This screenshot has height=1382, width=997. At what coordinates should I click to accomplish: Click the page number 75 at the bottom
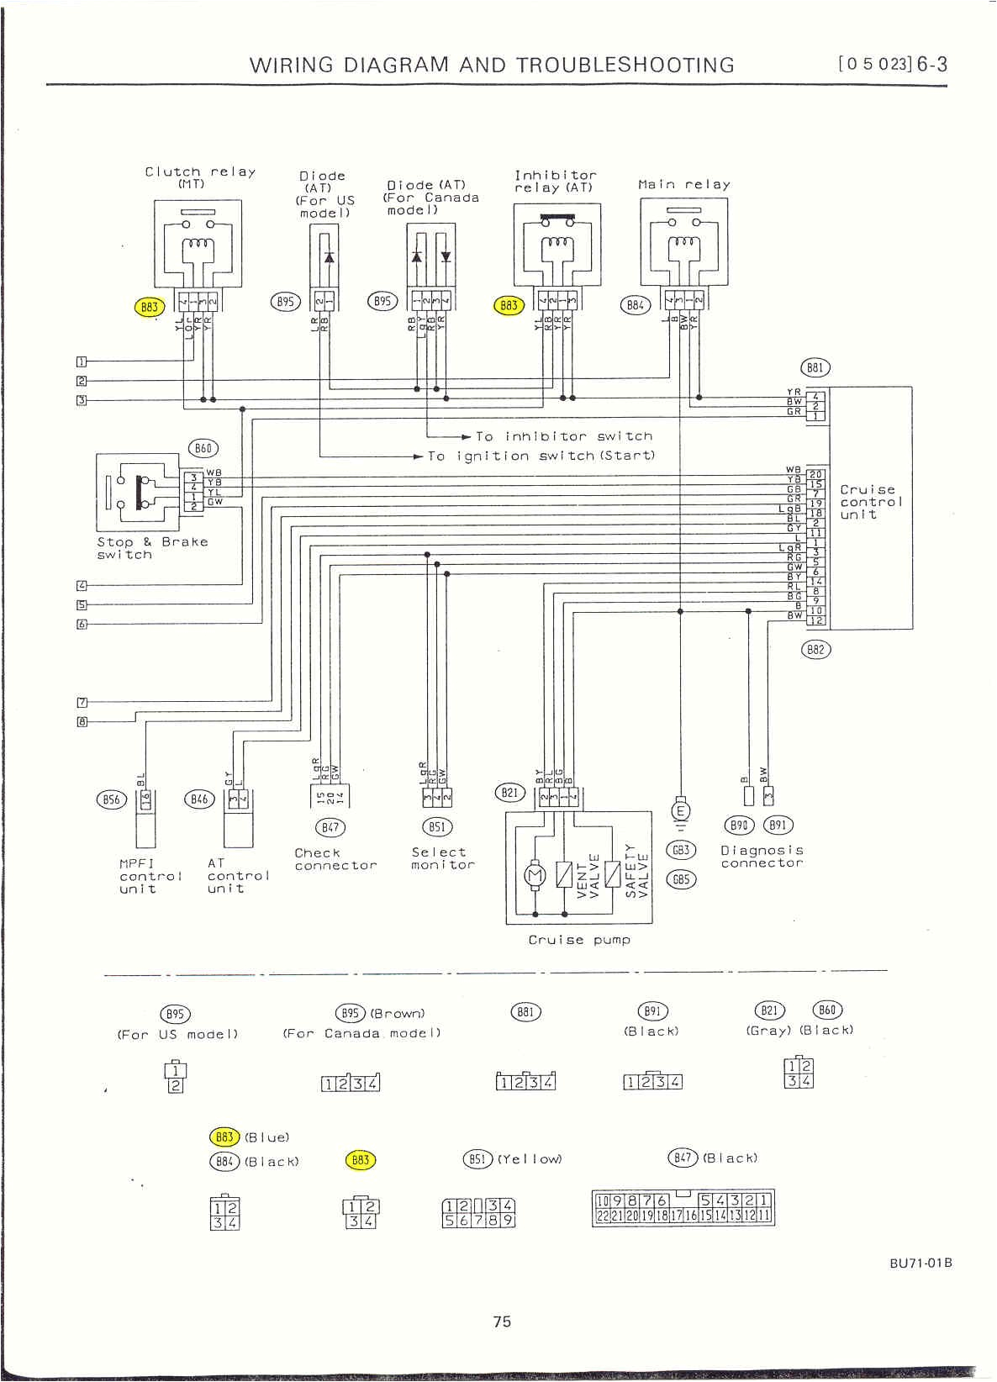(501, 1321)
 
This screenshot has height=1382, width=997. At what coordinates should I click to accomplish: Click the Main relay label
(683, 184)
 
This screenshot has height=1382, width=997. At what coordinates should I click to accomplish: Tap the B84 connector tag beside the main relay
(636, 305)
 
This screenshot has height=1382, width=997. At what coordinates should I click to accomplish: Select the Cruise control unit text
(870, 502)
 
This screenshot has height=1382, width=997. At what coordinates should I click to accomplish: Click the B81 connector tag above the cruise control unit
(814, 367)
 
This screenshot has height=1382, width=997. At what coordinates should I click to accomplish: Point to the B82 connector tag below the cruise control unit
(815, 649)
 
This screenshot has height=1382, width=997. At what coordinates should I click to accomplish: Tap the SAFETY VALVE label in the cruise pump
(636, 869)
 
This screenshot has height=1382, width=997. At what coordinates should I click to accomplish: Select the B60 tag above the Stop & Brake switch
(203, 448)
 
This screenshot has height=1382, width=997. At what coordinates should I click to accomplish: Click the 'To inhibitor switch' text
(564, 436)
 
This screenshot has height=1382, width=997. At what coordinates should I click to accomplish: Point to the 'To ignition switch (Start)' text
(541, 456)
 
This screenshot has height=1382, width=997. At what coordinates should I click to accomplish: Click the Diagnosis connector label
(762, 857)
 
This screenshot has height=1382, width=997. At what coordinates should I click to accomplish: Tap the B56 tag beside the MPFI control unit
(112, 799)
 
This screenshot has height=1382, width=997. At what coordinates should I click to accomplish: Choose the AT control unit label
(238, 875)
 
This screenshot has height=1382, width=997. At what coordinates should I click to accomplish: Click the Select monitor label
(442, 858)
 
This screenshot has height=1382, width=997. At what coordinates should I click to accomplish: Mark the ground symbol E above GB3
(680, 811)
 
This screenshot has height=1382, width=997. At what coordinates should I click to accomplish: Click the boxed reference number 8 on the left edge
(82, 721)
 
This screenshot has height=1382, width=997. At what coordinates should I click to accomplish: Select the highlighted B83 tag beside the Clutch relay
(149, 307)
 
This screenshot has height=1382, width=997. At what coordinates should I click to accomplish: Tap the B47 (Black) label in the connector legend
(713, 1158)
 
